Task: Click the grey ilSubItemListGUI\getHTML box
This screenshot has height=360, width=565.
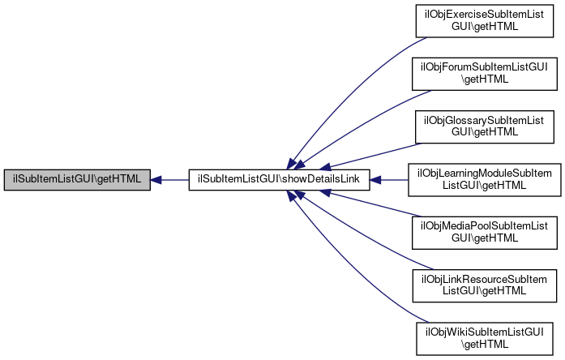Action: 77,180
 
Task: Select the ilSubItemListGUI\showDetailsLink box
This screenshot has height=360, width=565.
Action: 279,180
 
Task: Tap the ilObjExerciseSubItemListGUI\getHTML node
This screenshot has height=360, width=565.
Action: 485,21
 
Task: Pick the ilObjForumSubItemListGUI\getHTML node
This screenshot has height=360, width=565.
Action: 485,74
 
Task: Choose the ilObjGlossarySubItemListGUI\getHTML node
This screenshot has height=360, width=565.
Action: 485,126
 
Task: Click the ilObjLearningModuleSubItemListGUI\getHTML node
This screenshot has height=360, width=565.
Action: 485,180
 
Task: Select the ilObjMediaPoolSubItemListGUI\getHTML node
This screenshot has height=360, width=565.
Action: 485,233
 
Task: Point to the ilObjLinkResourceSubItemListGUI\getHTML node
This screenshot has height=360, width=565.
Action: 485,285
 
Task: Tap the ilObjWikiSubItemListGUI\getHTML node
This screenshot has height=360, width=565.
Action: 485,339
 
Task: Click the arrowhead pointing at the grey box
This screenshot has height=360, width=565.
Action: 156,180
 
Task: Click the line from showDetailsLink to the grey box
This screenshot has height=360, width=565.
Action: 169,180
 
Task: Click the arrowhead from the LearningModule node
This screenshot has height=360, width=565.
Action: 375,180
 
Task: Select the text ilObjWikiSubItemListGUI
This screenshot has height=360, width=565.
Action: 485,332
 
